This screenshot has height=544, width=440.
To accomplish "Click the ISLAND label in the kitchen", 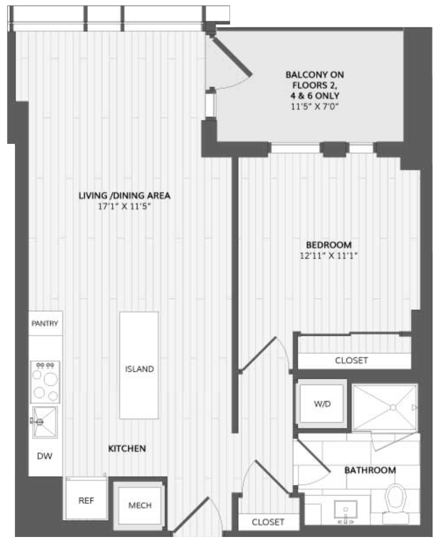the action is [139, 369].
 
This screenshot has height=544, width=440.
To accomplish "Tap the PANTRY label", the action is [45, 323].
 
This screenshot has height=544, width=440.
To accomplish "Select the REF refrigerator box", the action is [86, 498].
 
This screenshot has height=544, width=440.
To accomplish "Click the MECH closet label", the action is [140, 505].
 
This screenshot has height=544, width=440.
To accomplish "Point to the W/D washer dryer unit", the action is [322, 404].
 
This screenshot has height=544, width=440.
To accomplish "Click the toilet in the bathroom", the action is [396, 503].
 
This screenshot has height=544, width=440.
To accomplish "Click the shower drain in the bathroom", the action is [393, 408].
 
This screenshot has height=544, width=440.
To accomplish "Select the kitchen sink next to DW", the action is [45, 422].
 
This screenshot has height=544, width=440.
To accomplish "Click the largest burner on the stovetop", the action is [51, 379].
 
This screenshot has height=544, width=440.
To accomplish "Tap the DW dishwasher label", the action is [45, 456].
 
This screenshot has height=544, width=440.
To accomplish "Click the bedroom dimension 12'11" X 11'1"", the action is [329, 256].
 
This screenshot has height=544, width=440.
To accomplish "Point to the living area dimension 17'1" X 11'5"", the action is [124, 206].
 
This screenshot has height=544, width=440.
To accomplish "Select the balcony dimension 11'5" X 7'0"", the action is [315, 106].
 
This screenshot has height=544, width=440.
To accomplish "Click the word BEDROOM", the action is [329, 245].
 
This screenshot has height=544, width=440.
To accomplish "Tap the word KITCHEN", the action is [127, 448].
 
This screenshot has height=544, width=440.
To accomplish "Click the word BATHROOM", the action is [370, 470].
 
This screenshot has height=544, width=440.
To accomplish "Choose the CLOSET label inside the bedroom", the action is [351, 360].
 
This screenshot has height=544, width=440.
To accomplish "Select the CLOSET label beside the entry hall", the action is [268, 522].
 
